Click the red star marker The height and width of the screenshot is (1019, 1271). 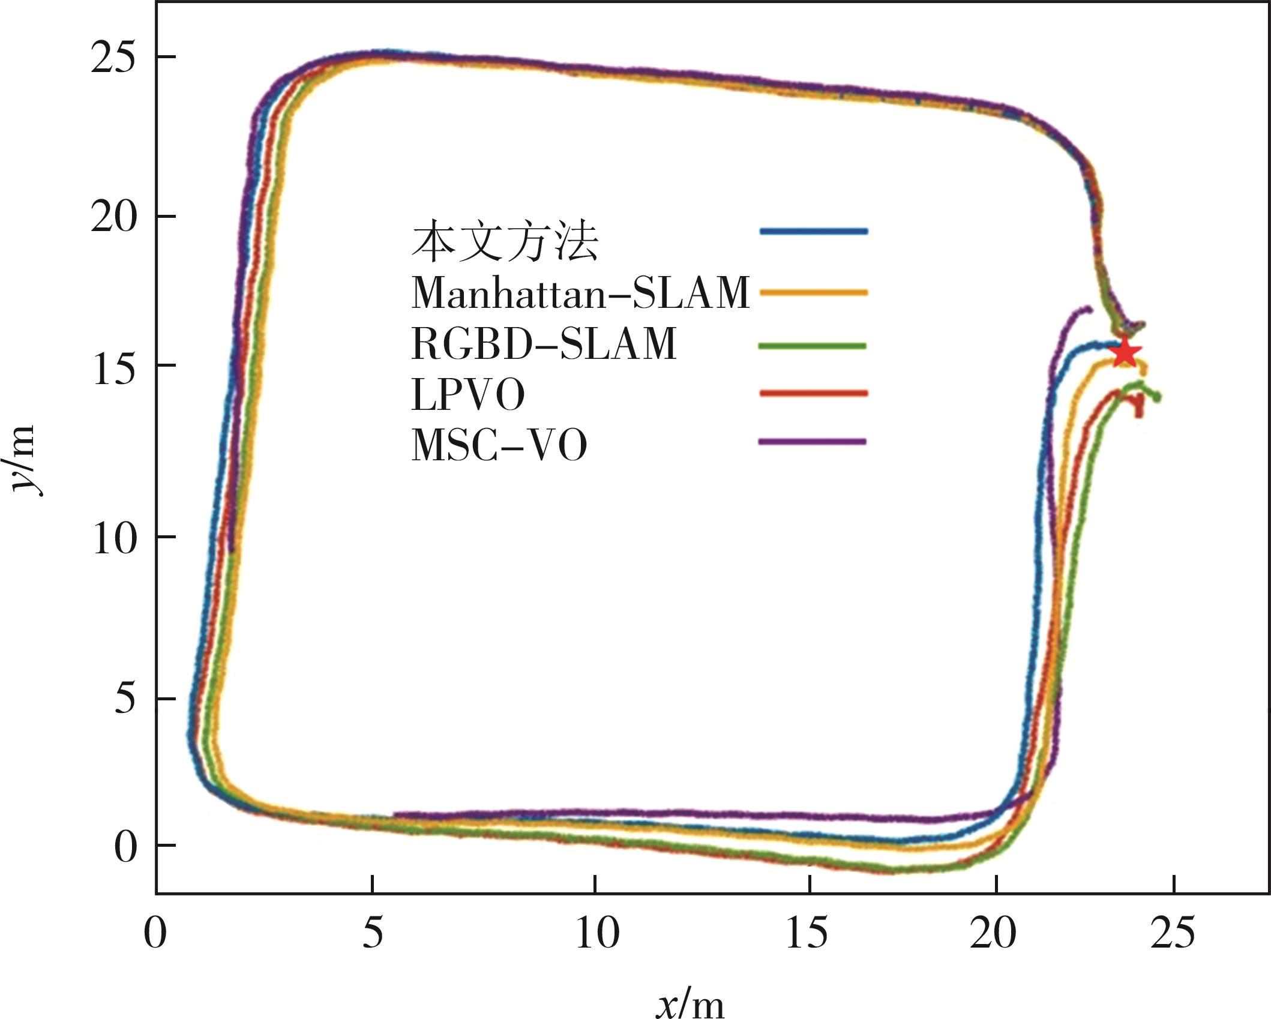(1125, 353)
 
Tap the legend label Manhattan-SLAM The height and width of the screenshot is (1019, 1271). (580, 293)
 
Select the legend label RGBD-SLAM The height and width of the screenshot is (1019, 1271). (544, 344)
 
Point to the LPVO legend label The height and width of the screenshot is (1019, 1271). (467, 394)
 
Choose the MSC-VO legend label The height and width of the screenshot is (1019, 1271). (499, 445)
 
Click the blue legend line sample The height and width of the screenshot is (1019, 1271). (813, 231)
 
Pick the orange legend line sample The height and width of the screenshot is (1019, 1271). (813, 293)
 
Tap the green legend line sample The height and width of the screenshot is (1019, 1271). (813, 346)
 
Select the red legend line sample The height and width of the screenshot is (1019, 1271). (813, 394)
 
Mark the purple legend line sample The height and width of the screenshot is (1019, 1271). (813, 442)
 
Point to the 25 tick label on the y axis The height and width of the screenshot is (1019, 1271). (113, 59)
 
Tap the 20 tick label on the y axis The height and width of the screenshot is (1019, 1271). (113, 217)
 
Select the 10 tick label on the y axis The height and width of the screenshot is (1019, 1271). (113, 538)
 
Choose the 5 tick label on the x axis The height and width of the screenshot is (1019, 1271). (373, 933)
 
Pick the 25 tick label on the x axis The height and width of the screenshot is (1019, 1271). (1173, 933)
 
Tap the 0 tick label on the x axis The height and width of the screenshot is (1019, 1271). (155, 933)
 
